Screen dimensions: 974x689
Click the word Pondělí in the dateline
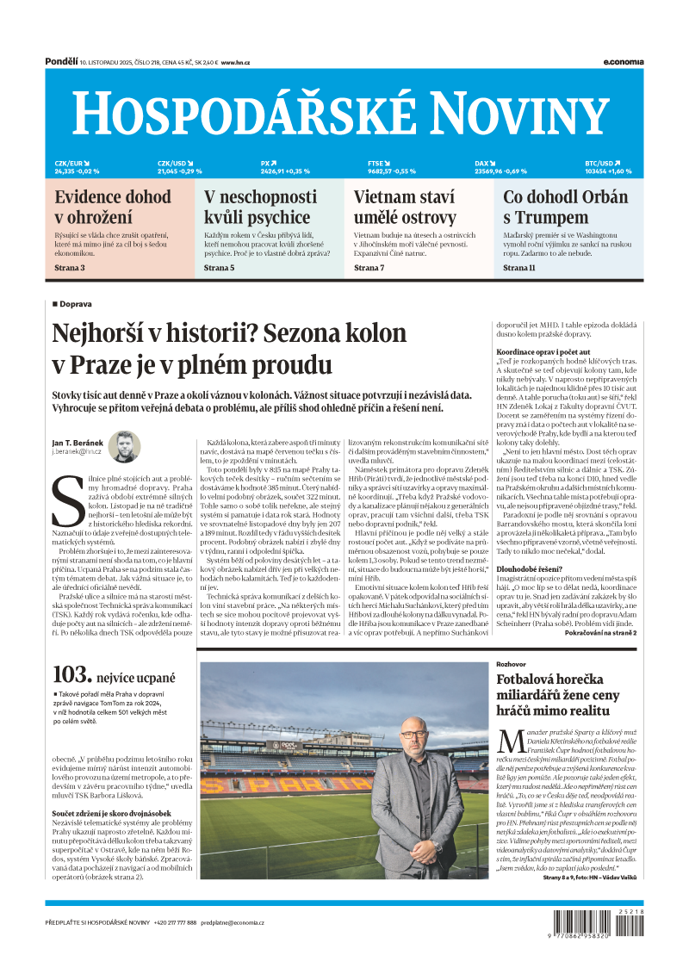61,62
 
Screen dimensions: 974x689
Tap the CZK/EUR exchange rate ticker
77,167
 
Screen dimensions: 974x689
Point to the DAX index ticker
500,167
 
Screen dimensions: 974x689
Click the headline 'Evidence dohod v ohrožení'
113,207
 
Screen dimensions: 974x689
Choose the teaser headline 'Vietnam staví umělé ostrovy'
405,207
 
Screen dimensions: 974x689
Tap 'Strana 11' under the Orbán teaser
519,268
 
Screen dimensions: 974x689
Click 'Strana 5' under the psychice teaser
219,268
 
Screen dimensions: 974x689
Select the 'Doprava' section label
76,304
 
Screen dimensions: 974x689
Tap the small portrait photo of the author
124,447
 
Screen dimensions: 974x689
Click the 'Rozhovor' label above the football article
512,665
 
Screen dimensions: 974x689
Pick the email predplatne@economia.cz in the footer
233,922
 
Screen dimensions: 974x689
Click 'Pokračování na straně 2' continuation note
600,632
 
